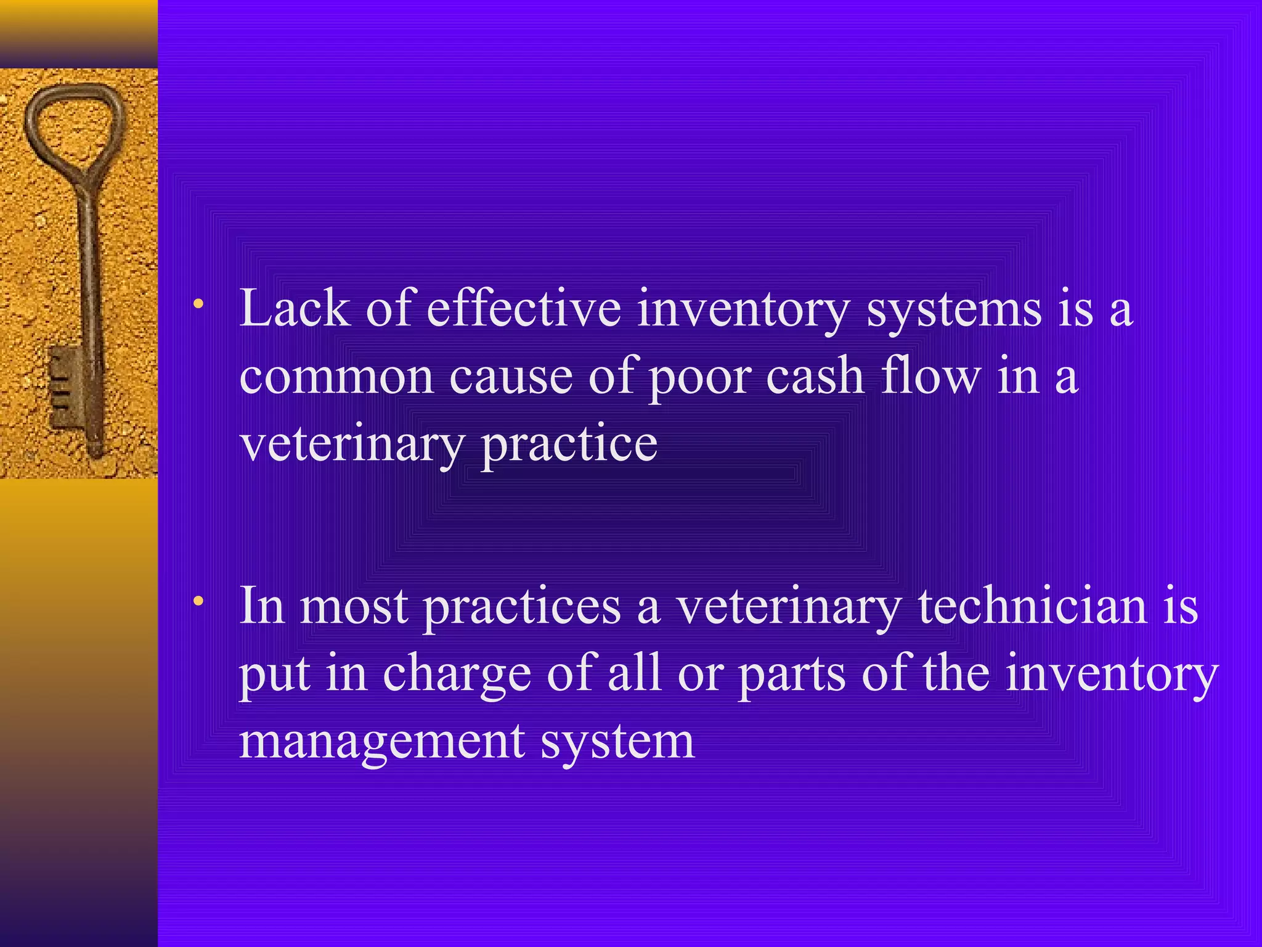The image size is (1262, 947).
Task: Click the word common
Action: [x=336, y=377]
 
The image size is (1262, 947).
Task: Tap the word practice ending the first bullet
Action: [x=569, y=445]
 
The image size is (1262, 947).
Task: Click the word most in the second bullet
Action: [x=354, y=607]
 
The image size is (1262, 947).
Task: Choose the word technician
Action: [x=1033, y=606]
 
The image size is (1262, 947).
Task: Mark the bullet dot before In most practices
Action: [x=198, y=601]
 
